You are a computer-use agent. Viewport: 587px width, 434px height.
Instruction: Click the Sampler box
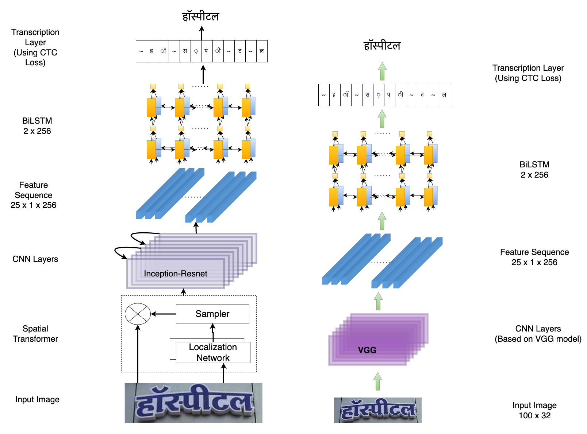pyautogui.click(x=212, y=314)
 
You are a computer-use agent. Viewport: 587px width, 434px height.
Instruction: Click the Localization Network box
pyautogui.click(x=213, y=352)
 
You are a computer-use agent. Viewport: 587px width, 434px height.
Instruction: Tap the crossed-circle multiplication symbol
pyautogui.click(x=138, y=314)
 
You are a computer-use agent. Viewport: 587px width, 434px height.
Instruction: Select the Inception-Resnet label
pyautogui.click(x=175, y=274)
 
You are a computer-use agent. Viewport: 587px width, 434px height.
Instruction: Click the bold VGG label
pyautogui.click(x=367, y=350)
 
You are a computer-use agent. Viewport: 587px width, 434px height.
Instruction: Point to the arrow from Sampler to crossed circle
pyautogui.click(x=164, y=314)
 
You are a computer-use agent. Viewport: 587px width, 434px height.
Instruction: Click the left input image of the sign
pyautogui.click(x=193, y=403)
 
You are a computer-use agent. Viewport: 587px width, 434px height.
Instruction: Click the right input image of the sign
pyautogui.click(x=377, y=410)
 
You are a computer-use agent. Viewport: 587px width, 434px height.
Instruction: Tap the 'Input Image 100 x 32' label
pyautogui.click(x=534, y=410)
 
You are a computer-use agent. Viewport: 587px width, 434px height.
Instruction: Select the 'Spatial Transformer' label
pyautogui.click(x=35, y=334)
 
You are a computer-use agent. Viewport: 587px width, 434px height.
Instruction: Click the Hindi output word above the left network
pyautogui.click(x=201, y=17)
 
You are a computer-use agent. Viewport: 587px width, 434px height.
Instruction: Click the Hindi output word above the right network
pyautogui.click(x=382, y=46)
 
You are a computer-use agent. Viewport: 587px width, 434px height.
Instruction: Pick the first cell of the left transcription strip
pyautogui.click(x=141, y=51)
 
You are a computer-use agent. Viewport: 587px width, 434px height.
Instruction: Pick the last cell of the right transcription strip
pyautogui.click(x=444, y=95)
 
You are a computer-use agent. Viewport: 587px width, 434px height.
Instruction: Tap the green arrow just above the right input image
pyautogui.click(x=378, y=381)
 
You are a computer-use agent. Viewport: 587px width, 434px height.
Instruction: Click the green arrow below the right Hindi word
pyautogui.click(x=382, y=71)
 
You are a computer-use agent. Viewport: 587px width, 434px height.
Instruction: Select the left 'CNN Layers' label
pyautogui.click(x=35, y=259)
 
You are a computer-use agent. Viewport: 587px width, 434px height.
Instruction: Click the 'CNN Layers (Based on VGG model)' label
pyautogui.click(x=538, y=334)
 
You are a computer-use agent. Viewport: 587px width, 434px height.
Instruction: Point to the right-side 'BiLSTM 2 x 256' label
pyautogui.click(x=534, y=170)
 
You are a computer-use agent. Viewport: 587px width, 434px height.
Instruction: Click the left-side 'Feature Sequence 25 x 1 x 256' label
pyautogui.click(x=34, y=195)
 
